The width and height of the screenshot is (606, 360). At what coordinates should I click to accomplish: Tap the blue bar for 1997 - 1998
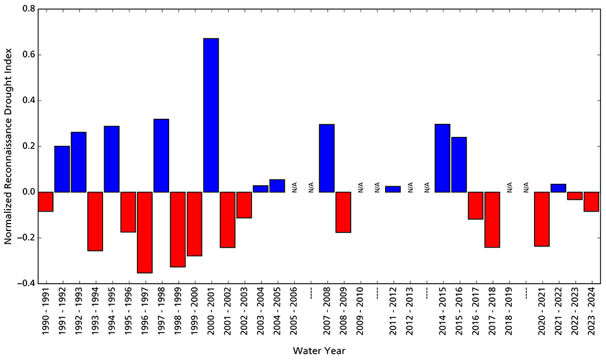pyautogui.click(x=161, y=155)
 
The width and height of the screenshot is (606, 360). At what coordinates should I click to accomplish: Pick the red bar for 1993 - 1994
pyautogui.click(x=95, y=221)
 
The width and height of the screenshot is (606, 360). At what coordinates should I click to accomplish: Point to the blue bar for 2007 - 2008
pyautogui.click(x=327, y=158)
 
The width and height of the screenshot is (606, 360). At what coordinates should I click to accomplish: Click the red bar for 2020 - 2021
pyautogui.click(x=542, y=219)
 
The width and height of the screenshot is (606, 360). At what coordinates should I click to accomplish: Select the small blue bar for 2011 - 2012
pyautogui.click(x=393, y=189)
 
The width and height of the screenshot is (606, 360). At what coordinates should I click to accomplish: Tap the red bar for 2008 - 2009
pyautogui.click(x=343, y=212)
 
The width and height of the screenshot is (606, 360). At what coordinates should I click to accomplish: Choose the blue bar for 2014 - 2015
pyautogui.click(x=443, y=158)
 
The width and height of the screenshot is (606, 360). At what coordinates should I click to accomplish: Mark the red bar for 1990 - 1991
pyautogui.click(x=45, y=201)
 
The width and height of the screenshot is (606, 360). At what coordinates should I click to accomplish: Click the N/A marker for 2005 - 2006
pyautogui.click(x=294, y=187)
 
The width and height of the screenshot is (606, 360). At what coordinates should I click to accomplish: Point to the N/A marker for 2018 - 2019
pyautogui.click(x=509, y=187)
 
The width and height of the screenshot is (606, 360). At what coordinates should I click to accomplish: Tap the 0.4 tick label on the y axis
pyautogui.click(x=25, y=100)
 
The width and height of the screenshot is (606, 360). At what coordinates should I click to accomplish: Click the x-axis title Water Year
pyautogui.click(x=319, y=349)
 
